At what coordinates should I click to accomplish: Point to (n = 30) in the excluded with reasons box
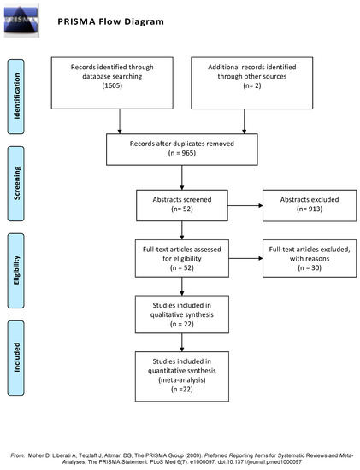tap(302, 266)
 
